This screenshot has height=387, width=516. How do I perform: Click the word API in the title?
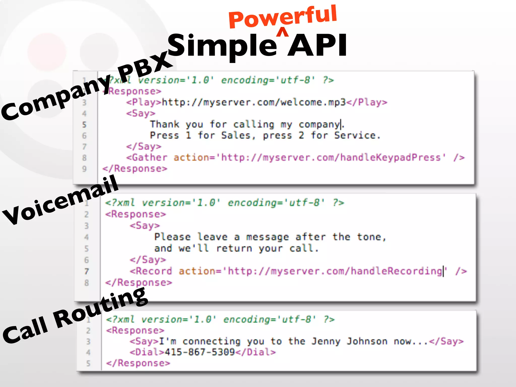point(317,45)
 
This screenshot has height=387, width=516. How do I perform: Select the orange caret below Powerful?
point(283,33)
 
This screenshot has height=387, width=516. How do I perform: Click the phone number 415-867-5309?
point(200,352)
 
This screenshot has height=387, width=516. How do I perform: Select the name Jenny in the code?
point(326,341)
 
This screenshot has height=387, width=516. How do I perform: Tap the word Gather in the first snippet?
point(149,158)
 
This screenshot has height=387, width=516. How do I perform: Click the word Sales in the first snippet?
point(236,136)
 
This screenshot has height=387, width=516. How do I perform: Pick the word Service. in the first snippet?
point(357,136)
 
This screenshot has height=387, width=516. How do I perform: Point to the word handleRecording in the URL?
point(397,271)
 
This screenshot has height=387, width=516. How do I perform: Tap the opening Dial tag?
point(147,352)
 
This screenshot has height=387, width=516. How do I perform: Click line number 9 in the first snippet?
point(84,169)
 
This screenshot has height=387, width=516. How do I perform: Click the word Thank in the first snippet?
point(165,124)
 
